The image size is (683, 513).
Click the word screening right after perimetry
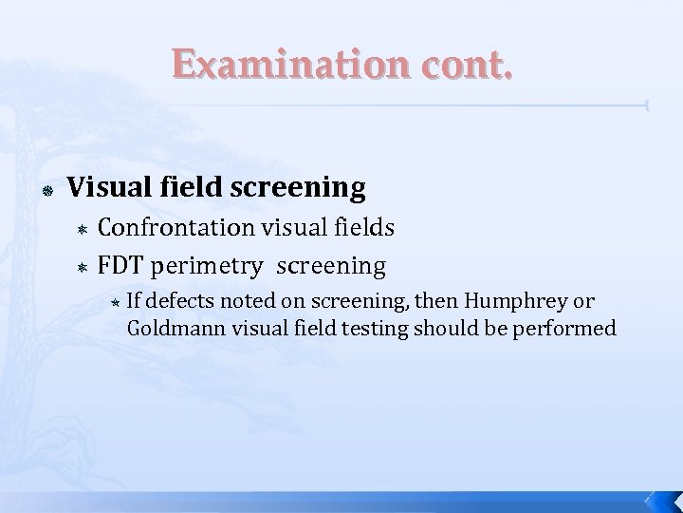coord(340,266)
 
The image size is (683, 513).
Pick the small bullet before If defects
coord(139,303)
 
